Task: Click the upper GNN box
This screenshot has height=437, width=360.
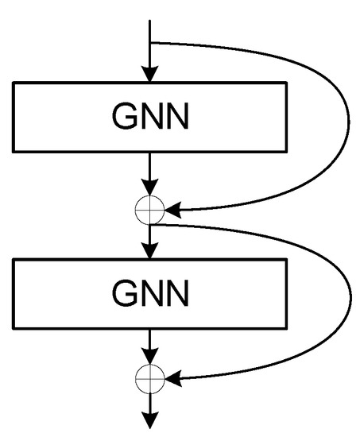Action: coord(150,117)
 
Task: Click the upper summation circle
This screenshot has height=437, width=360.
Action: coord(150,210)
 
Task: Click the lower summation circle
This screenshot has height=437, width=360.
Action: coord(150,379)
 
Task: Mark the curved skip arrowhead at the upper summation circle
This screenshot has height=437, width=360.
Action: coord(172,211)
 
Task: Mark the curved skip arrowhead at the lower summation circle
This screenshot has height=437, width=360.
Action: coord(172,380)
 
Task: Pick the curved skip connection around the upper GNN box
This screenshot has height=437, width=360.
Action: coord(347,119)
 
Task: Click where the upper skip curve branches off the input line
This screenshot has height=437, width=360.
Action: coord(150,42)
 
